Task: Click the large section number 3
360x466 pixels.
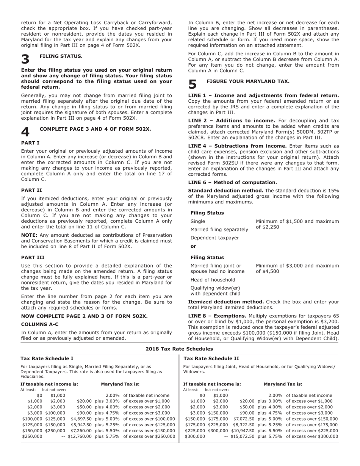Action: click(x=25, y=59)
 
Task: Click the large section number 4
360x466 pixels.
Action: click(x=25, y=132)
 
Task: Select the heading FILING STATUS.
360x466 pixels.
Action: click(x=61, y=56)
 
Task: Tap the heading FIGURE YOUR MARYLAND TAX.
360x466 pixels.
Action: click(x=248, y=81)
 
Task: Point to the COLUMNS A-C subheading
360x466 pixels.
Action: click(x=40, y=324)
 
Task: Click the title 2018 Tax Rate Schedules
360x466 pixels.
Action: click(x=179, y=349)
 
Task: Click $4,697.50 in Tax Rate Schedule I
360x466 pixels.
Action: click(x=81, y=419)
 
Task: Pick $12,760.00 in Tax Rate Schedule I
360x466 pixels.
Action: click(x=80, y=436)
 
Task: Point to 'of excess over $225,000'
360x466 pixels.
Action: click(x=311, y=431)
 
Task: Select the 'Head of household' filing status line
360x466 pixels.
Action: click(x=213, y=280)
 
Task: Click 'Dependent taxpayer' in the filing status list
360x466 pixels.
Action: click(x=214, y=238)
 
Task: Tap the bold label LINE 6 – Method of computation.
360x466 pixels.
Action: click(x=232, y=182)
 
